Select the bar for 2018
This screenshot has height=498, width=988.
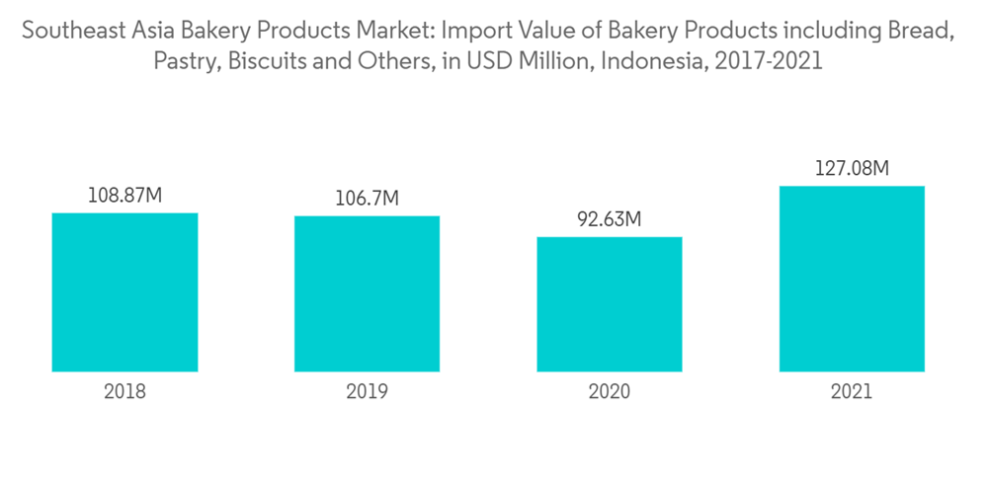[124, 292]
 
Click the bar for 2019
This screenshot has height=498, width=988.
[367, 293]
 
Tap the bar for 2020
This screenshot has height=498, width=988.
[610, 304]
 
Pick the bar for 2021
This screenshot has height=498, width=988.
[852, 279]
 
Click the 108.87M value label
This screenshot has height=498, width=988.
[124, 196]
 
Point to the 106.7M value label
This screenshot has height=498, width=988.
[367, 200]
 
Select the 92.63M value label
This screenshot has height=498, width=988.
[610, 219]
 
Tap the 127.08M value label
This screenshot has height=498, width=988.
[852, 169]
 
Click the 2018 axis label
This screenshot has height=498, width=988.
[124, 391]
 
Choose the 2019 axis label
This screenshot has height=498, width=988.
[367, 391]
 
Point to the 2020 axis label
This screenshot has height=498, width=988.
[610, 391]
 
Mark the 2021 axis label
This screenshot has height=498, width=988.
[852, 391]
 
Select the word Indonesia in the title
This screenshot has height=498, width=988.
[652, 62]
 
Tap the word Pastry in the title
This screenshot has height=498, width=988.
[184, 62]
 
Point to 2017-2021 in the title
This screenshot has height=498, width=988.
[766, 62]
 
